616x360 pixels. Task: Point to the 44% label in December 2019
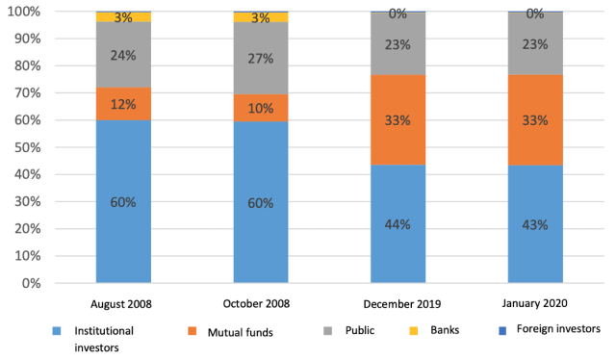pos(398,224)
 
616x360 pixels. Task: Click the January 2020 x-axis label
pos(536,303)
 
